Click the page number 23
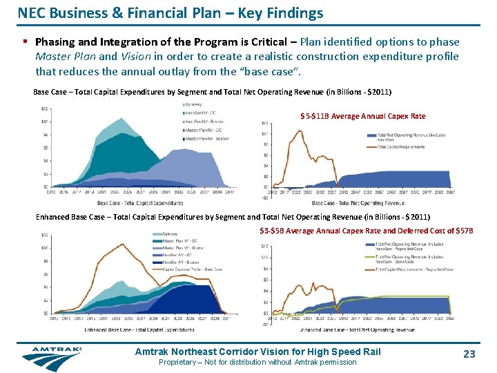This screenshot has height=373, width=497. click(x=469, y=354)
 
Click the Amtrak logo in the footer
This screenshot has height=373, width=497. click(x=51, y=358)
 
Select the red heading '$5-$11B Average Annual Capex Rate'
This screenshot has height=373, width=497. click(x=362, y=116)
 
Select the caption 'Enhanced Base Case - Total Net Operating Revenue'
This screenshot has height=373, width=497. click(x=358, y=331)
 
